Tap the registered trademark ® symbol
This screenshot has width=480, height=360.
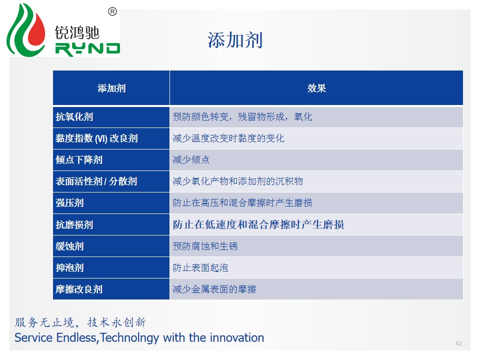112,11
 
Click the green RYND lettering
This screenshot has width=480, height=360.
87,49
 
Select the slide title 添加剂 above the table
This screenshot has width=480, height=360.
235,40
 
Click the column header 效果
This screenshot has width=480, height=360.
316,88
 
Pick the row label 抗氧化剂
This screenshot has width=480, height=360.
74,116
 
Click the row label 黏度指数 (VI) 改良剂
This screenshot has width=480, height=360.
96,138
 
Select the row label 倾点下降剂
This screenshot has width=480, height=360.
78,160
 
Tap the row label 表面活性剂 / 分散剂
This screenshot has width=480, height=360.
96,181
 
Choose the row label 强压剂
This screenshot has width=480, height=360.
69,202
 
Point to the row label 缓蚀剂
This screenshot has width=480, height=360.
69,246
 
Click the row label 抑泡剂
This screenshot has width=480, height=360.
69,268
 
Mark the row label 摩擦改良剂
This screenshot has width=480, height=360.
78,289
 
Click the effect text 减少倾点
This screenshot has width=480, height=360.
191,160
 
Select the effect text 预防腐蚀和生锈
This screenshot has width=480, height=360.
205,246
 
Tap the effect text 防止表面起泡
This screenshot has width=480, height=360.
200,268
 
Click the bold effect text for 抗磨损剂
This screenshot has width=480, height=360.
258,224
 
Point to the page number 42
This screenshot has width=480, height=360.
458,343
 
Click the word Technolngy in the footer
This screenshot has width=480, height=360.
129,338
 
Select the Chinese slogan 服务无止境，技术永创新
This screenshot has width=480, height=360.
80,322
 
